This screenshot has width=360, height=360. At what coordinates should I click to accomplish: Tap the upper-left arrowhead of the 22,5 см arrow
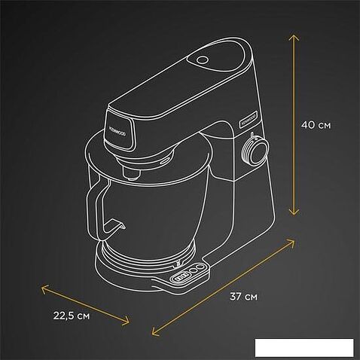[42, 286]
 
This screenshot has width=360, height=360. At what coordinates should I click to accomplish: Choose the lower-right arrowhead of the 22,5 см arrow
[127, 322]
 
